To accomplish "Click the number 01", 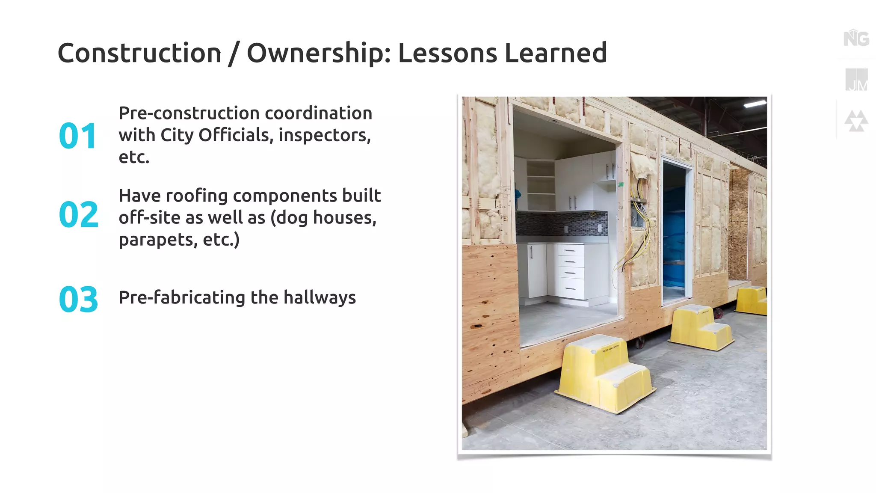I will pos(78,136).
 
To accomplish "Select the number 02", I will pos(79,214).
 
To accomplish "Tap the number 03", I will pos(79,299).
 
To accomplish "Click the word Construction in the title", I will pos(139,53).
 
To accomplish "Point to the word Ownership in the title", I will pos(318,53).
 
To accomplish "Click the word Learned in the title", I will pos(555,53).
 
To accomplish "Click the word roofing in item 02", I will pos(197,196).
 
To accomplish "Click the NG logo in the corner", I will pos(856,39).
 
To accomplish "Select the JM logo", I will pos(856,80).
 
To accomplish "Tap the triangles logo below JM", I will pos(856,121).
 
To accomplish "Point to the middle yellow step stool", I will pos(700,327).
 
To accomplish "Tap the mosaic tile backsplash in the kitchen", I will pos(560,223).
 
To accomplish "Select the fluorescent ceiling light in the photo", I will pos(755,104).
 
